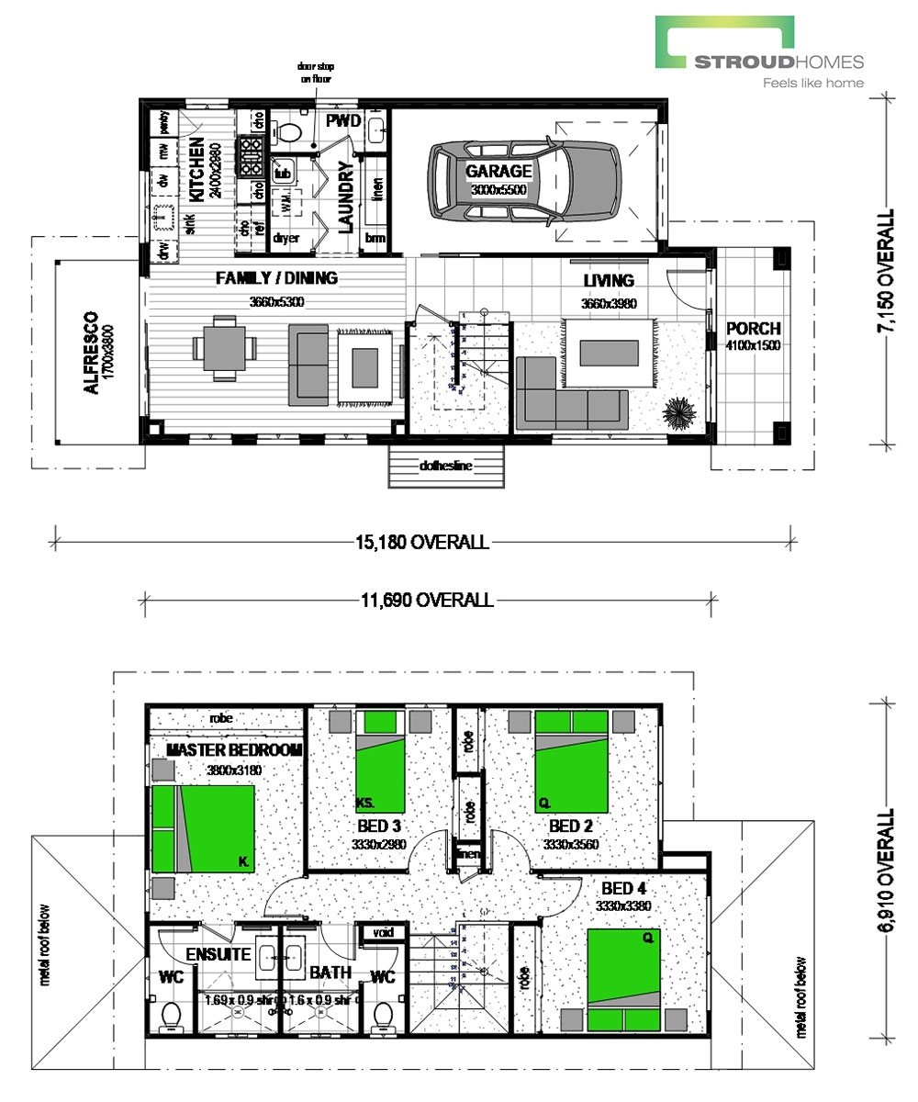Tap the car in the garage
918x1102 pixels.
coord(524,180)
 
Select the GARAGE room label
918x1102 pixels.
coord(498,171)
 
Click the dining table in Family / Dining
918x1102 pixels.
coord(225,348)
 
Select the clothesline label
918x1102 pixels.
coord(446,467)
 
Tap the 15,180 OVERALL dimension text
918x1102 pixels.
coord(423,542)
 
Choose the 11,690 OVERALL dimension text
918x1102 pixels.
coord(427,601)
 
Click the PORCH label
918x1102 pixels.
coord(753,329)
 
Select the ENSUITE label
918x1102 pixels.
coord(218,954)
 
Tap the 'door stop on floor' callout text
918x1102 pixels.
coord(314,72)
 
